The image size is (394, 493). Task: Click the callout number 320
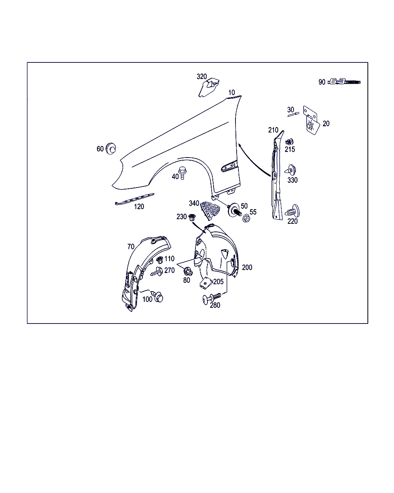point(202,77)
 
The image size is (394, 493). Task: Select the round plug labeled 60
point(112,148)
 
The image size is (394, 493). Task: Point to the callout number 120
point(139,207)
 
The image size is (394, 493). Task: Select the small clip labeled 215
point(289,141)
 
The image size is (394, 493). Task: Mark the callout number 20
point(326,124)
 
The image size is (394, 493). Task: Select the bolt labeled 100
point(158,297)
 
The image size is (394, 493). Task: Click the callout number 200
point(247,267)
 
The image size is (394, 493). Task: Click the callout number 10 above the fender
point(231,92)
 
